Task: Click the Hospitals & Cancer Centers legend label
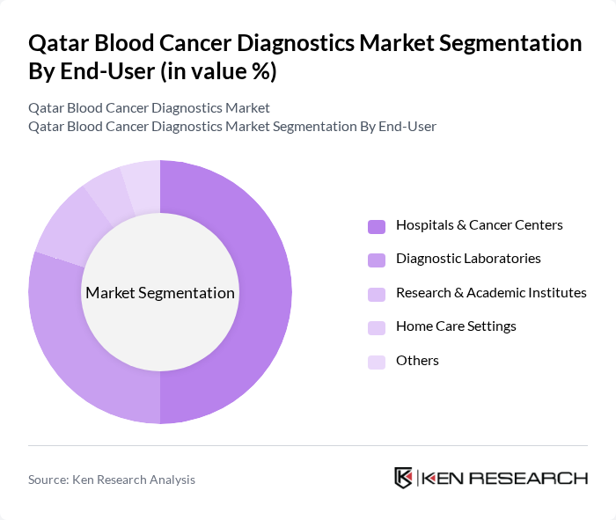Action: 479,225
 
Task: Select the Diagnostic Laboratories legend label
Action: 468,259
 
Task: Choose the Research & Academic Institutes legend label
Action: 491,292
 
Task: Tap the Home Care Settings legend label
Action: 456,326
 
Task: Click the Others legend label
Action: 417,360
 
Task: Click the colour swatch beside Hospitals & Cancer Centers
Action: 377,226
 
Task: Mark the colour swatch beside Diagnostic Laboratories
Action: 377,260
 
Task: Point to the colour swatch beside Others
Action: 377,361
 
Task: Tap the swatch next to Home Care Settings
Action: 377,327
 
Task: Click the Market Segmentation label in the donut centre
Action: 160,293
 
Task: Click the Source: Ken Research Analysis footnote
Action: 112,480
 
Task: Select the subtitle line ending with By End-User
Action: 232,126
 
